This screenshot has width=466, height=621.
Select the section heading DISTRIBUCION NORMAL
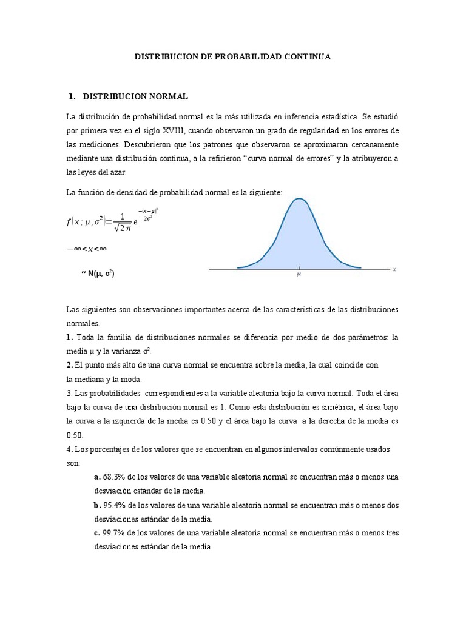point(135,96)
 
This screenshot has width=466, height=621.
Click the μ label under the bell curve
point(299,274)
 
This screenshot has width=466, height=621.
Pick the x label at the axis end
point(394,269)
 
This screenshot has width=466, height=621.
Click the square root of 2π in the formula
point(121,227)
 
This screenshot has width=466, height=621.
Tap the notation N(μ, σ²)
point(101,274)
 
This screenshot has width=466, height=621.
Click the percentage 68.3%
point(113,477)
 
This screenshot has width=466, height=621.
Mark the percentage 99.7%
point(113,533)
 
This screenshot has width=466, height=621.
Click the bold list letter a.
point(97,477)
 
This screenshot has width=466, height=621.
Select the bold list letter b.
point(97,505)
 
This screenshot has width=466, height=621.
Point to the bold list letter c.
point(97,533)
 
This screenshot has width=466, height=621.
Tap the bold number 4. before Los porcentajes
point(69,449)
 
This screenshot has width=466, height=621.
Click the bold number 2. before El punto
point(69,365)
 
